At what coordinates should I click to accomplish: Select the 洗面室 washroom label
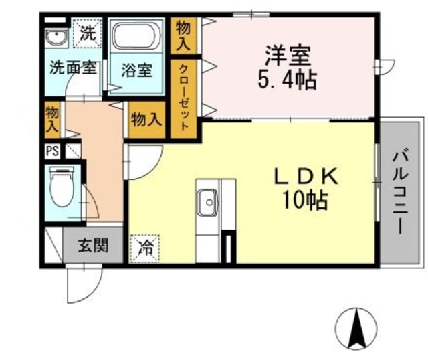(x=74, y=68)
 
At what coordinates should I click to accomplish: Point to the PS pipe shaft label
(x=51, y=151)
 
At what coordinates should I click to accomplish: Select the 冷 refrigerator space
(x=145, y=248)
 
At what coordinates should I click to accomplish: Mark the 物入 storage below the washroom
(x=51, y=119)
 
